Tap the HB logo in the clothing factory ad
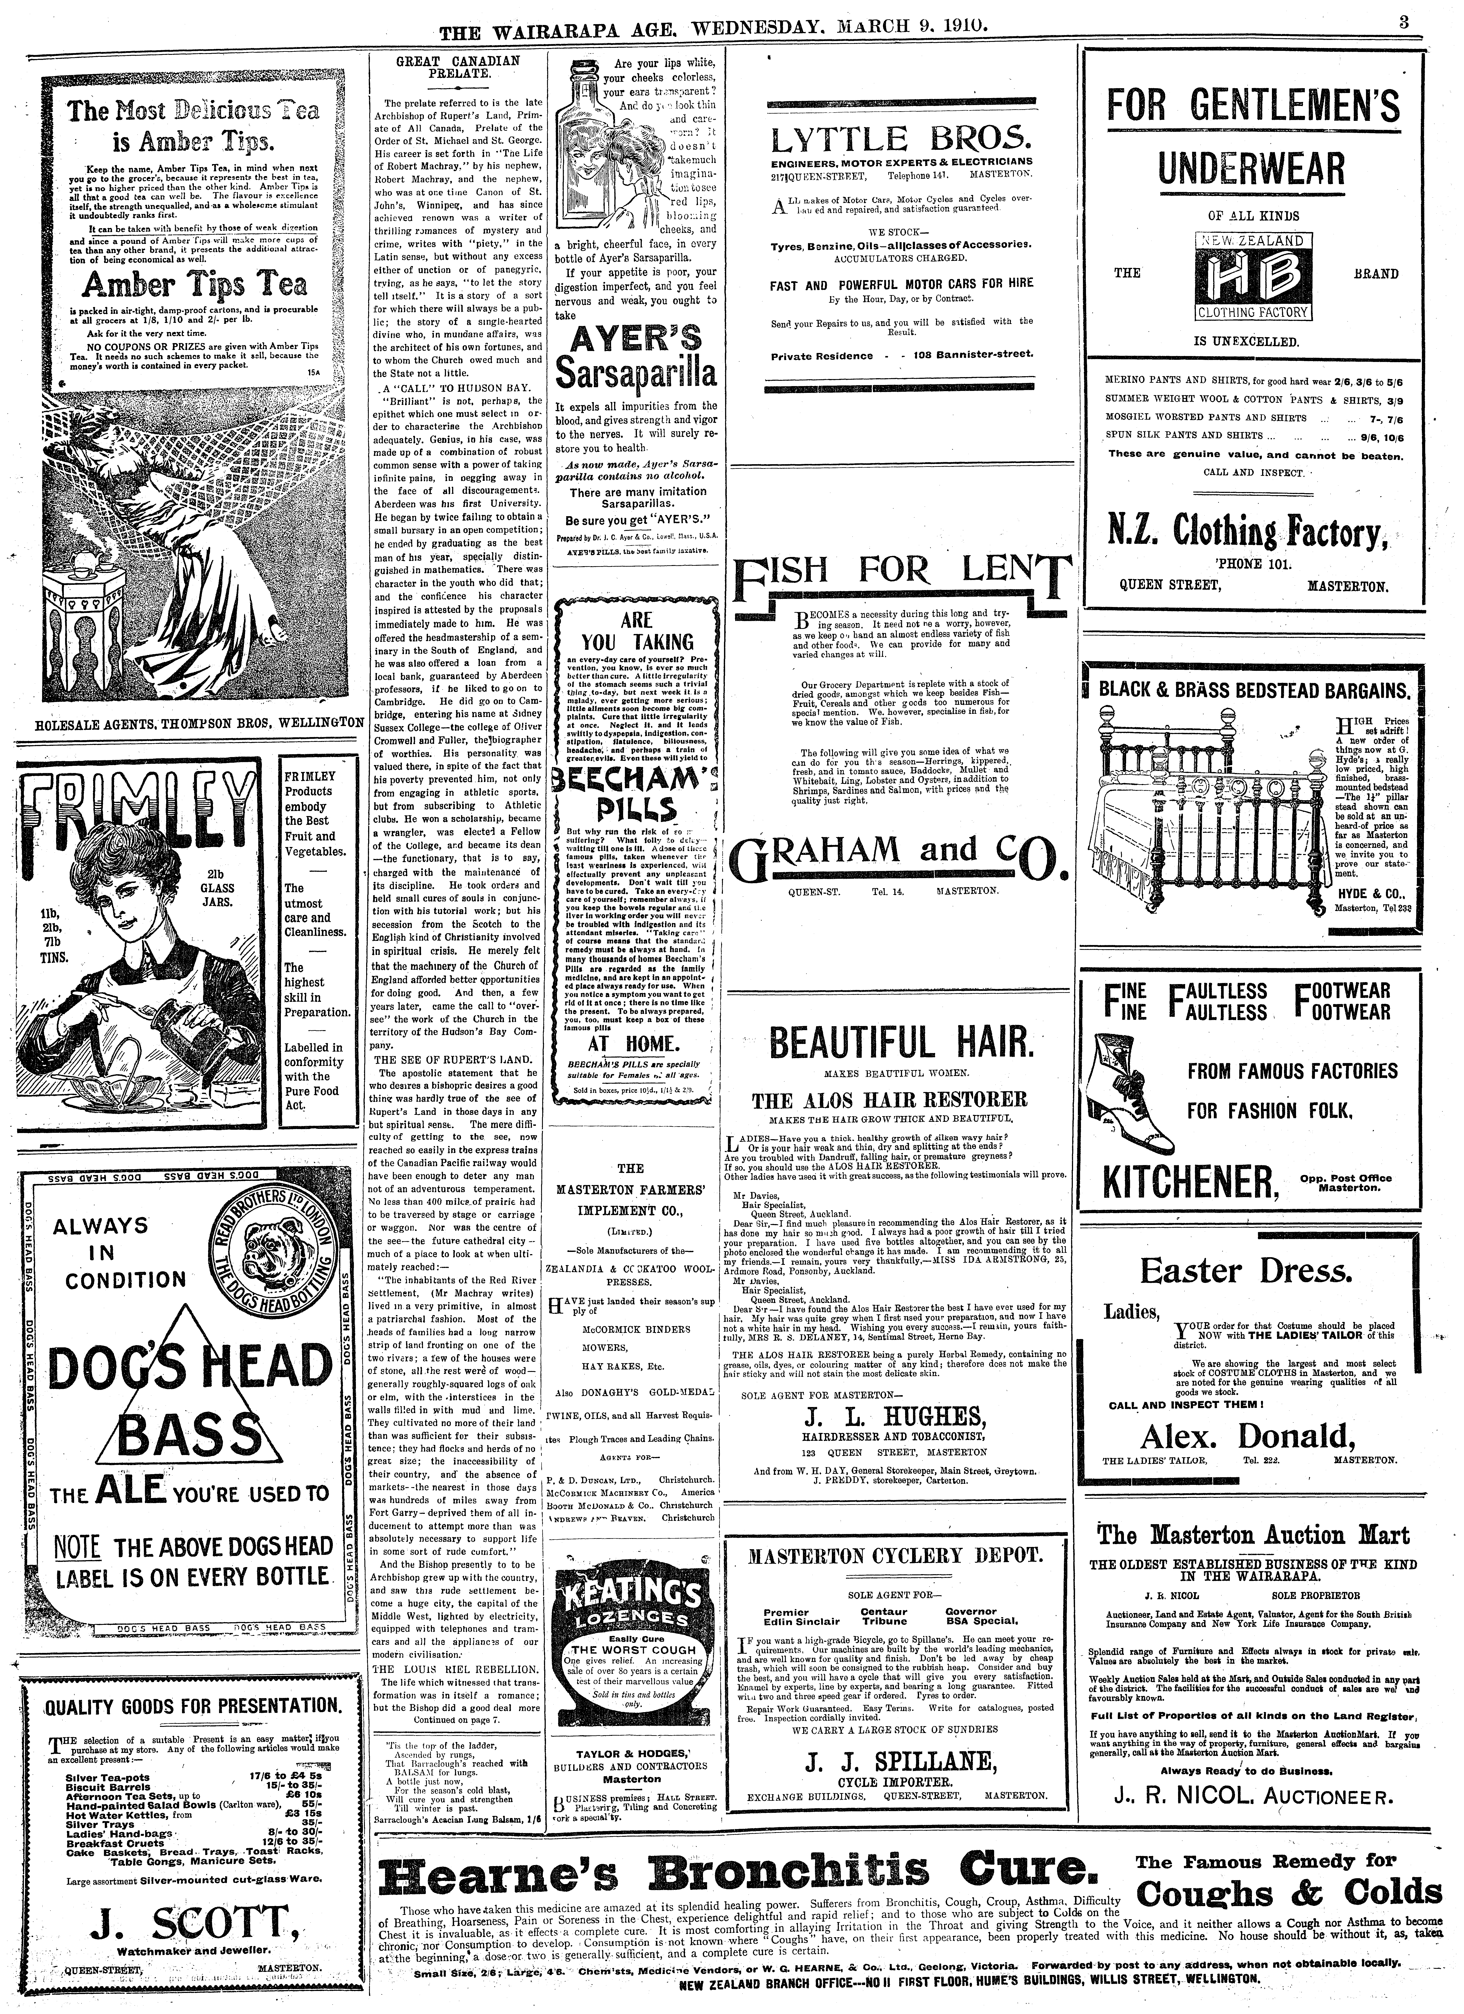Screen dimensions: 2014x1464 1252,277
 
